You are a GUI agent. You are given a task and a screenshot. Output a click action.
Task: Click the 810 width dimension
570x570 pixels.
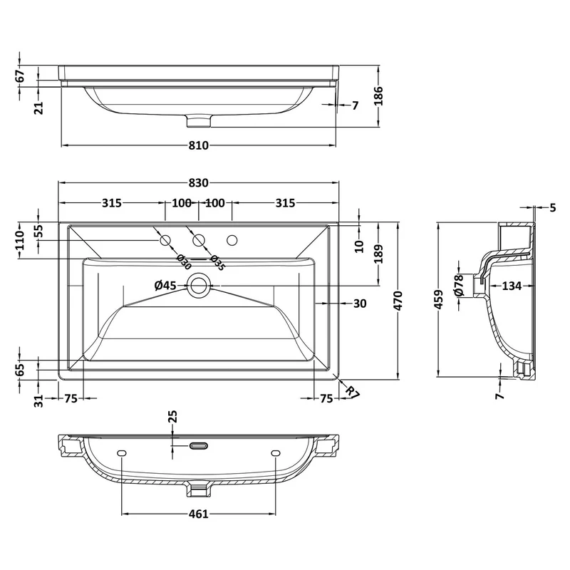199,145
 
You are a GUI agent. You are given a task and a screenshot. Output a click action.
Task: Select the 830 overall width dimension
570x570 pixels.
199,182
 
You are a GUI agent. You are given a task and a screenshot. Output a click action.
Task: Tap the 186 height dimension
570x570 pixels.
379,95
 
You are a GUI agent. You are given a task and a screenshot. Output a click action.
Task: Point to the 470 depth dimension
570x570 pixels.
398,300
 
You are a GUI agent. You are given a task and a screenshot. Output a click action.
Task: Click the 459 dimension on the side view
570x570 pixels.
439,299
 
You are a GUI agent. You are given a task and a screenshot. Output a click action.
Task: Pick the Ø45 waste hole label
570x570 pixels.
165,286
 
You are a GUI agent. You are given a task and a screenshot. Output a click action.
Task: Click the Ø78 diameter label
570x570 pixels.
459,286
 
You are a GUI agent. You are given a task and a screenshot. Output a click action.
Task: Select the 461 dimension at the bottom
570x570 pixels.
199,514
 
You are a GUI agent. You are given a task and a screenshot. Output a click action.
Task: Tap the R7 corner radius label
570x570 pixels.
352,393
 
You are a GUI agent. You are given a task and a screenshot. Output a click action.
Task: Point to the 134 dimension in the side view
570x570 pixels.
512,286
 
